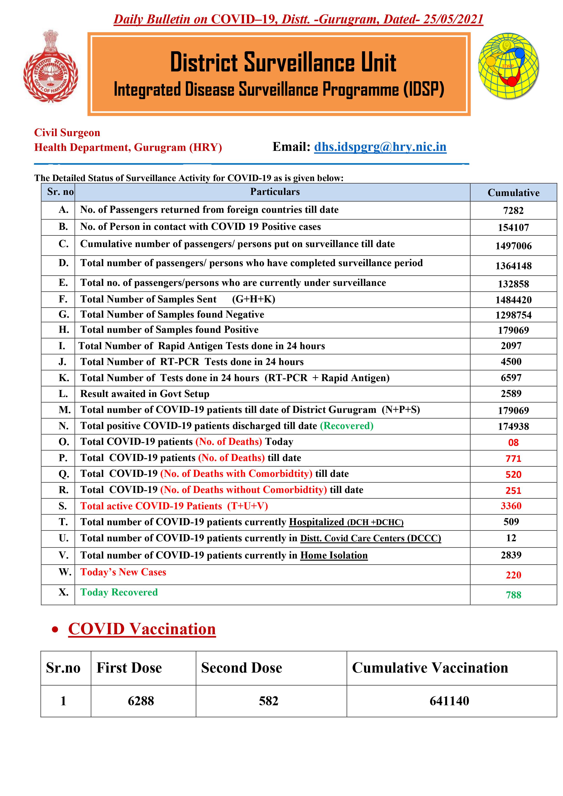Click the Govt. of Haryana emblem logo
[x=51, y=66]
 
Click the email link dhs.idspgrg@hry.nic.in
[x=380, y=147]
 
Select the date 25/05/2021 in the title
[x=453, y=19]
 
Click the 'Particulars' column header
[x=275, y=192]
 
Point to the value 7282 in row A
[x=513, y=211]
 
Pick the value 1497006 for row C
[x=513, y=246]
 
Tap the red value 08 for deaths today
[x=513, y=442]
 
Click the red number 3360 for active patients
[x=511, y=506]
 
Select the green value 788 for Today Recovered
[x=513, y=595]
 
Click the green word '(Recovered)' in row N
[x=346, y=426]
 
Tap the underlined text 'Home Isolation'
[x=334, y=555]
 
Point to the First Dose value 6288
[x=141, y=701]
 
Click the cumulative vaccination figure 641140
[x=449, y=701]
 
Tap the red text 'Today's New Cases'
[x=123, y=572]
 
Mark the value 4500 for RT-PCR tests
[x=511, y=362]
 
